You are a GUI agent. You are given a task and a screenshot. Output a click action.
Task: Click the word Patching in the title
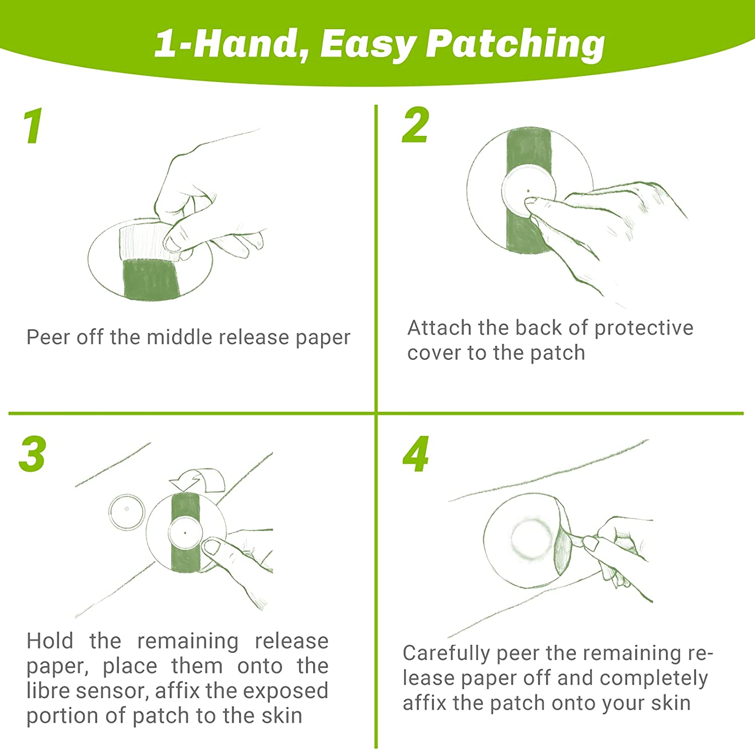[x=515, y=44]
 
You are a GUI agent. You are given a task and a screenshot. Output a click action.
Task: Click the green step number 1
[x=33, y=126]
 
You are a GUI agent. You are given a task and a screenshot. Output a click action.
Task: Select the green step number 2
[x=416, y=125]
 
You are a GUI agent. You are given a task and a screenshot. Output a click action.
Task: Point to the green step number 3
[x=33, y=454]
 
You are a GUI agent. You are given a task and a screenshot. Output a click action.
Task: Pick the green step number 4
[x=416, y=454]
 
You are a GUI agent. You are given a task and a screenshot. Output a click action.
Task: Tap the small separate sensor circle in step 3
[x=127, y=512]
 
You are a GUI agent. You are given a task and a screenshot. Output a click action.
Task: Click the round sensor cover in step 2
[x=528, y=191]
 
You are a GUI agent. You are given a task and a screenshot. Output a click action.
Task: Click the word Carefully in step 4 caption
[x=446, y=654]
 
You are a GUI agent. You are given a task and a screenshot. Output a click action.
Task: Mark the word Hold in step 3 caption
[x=50, y=641]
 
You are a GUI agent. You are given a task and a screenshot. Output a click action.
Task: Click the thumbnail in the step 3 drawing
[x=211, y=547]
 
